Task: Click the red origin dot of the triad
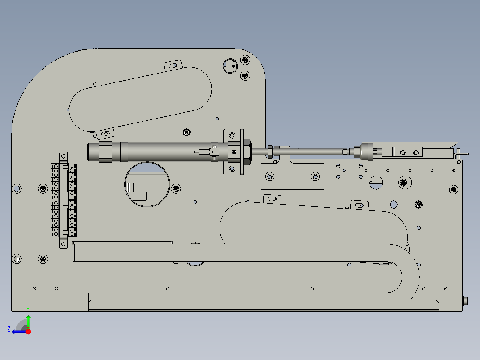[28, 331]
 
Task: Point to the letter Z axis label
[9, 329]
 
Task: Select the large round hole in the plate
[147, 184]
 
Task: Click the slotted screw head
[377, 181]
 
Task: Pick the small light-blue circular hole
[394, 205]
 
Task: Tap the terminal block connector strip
[64, 200]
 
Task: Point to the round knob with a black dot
[231, 65]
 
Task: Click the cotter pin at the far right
[461, 153]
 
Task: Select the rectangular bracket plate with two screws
[292, 176]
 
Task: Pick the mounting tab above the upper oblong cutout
[174, 65]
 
